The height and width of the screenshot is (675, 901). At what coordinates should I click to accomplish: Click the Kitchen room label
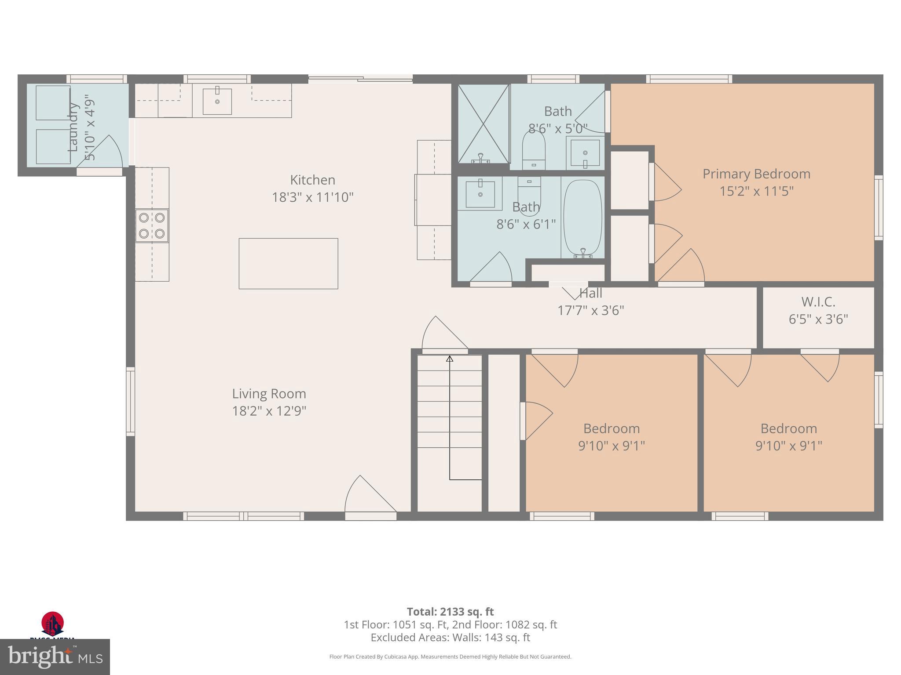pos(312,180)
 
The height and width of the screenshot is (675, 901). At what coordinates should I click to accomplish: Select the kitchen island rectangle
pos(288,263)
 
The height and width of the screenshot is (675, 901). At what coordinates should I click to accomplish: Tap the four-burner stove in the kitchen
pos(152,225)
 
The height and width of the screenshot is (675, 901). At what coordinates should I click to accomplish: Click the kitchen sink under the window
pos(217,102)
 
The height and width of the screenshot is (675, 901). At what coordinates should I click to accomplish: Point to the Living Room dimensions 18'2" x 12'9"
pos(269,411)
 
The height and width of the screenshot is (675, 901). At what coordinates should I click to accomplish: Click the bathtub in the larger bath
pos(582,218)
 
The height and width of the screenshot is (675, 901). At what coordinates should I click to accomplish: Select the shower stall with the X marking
pos(483,124)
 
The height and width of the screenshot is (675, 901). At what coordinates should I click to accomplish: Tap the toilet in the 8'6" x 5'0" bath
pos(534,149)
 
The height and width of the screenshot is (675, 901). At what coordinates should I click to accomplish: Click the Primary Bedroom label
pos(756,174)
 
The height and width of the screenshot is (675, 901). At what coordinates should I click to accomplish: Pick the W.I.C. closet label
pos(818,302)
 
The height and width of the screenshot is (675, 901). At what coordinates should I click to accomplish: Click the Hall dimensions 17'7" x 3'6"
pos(590,311)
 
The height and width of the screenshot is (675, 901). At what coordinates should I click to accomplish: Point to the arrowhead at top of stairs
pos(449,359)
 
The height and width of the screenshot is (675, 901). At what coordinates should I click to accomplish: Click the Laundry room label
pos(73,127)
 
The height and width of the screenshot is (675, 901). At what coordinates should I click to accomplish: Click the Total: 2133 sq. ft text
pos(450,612)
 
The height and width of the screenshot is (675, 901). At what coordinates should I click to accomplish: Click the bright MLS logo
pos(55,657)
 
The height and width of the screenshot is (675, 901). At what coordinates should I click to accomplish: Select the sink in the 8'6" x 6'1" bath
pos(480,194)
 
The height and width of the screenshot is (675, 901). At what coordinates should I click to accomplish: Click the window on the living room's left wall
pos(131,401)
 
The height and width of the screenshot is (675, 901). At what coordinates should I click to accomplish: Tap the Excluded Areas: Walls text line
pos(450,638)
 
